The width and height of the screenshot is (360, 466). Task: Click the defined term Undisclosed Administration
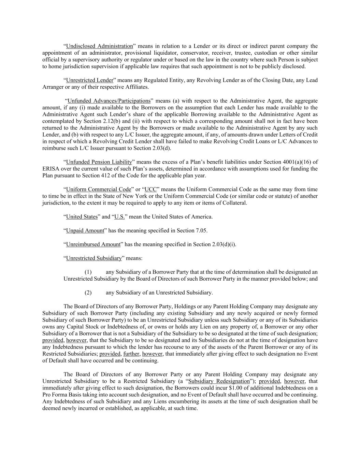(x=99, y=46)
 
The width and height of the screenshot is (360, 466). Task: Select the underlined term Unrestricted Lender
(x=89, y=80)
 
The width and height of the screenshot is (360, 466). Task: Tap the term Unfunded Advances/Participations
(x=109, y=101)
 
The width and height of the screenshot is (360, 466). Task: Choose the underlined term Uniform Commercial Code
(x=99, y=189)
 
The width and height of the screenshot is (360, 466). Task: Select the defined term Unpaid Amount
(x=85, y=230)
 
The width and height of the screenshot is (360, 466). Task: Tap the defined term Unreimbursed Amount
(x=93, y=244)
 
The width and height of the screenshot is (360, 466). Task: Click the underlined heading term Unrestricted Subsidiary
(x=94, y=258)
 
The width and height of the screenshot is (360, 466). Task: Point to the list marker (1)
(x=88, y=272)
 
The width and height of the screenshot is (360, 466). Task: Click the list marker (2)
(x=88, y=293)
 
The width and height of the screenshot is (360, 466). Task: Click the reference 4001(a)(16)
(x=296, y=162)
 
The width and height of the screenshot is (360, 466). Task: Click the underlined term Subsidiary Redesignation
(x=219, y=381)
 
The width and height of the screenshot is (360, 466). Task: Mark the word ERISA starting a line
(x=51, y=169)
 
